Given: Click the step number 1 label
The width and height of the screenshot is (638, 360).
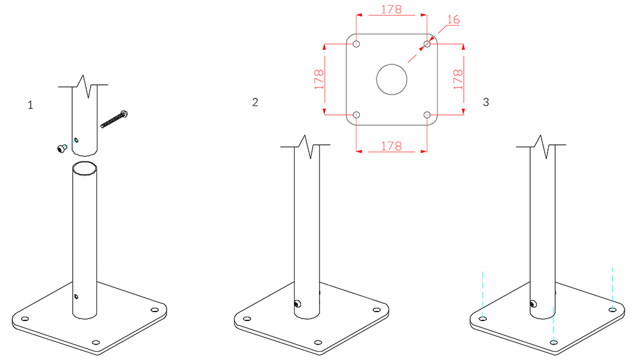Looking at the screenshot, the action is tap(30, 105).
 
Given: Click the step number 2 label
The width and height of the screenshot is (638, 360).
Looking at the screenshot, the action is tap(255, 102).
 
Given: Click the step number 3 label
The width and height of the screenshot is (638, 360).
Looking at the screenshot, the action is tap(486, 102).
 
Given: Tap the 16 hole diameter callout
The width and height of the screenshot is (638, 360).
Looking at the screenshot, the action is tap(453, 20).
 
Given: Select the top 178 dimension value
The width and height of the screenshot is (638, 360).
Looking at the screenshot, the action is tap(392, 10).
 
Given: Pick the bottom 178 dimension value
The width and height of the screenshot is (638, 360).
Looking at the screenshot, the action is tap(392, 146).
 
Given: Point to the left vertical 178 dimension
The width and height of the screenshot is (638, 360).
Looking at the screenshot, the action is tap(319, 79).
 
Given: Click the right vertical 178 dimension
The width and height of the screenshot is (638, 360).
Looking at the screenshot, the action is tap(458, 79).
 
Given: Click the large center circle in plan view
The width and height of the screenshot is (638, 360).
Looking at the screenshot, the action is tap(392, 64).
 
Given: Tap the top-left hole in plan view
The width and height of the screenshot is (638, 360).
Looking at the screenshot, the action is tap(357, 44).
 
